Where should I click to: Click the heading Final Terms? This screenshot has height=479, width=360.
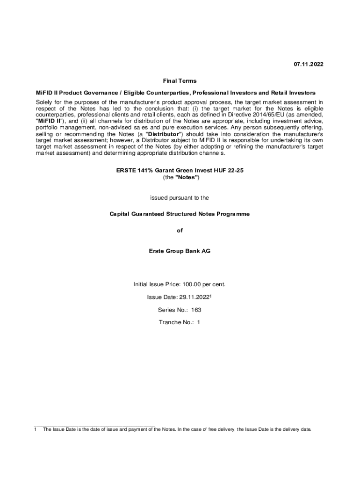pyautogui.click(x=180, y=81)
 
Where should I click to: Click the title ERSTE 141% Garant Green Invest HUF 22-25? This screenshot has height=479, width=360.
pyautogui.click(x=180, y=171)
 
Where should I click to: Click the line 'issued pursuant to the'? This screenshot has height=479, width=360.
pyautogui.click(x=180, y=198)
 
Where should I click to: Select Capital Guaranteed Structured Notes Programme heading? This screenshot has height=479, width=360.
pyautogui.click(x=180, y=214)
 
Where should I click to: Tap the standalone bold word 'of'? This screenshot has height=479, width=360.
pyautogui.click(x=180, y=231)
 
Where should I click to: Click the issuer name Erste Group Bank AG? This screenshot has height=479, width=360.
pyautogui.click(x=180, y=251)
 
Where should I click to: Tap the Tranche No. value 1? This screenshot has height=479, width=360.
pyautogui.click(x=198, y=322)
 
